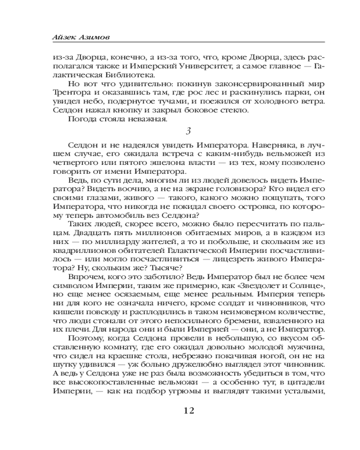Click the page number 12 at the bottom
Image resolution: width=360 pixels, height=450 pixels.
click(x=189, y=411)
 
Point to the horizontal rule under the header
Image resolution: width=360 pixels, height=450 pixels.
click(x=189, y=42)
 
